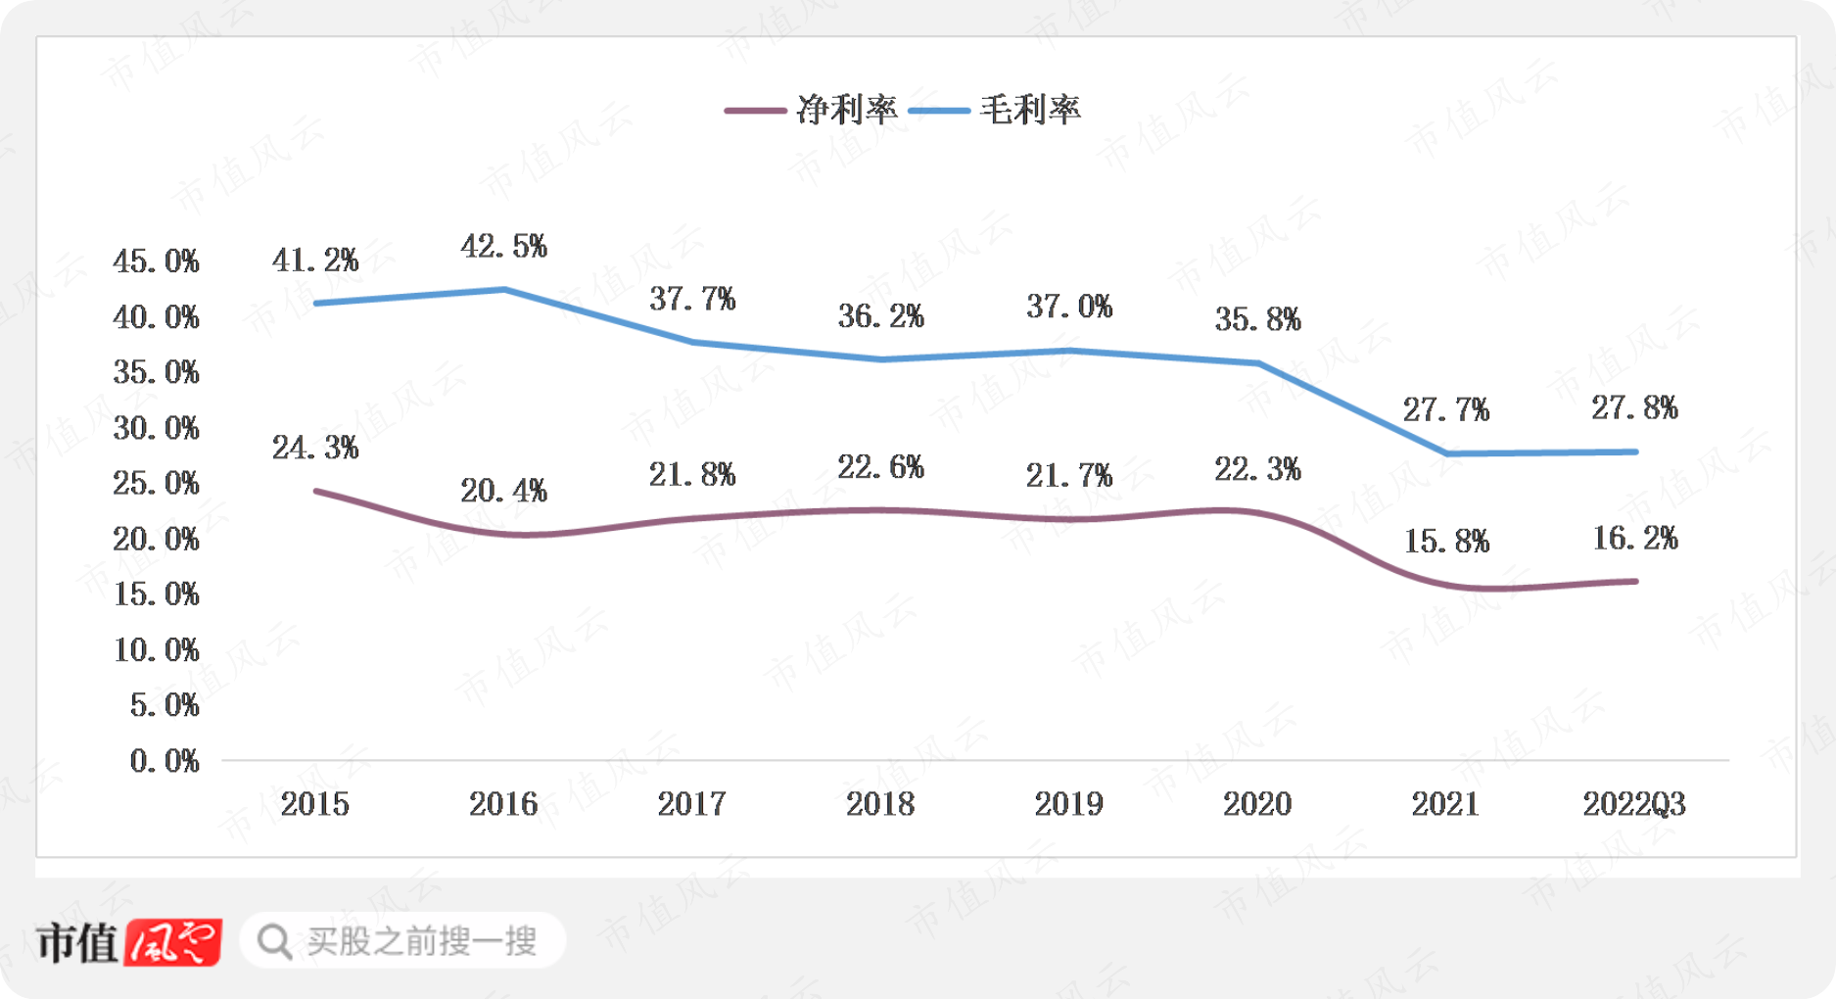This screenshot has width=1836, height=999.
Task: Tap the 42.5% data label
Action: (x=503, y=246)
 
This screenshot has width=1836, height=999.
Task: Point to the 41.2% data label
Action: (x=315, y=261)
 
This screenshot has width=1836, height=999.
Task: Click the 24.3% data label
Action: (x=315, y=448)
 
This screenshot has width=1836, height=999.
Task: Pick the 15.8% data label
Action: (x=1446, y=541)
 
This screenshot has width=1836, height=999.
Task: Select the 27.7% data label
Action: (x=1445, y=409)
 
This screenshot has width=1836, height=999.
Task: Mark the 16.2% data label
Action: (x=1634, y=538)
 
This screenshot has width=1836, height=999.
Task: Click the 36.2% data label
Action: (x=880, y=315)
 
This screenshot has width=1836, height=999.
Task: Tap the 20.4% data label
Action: (x=503, y=491)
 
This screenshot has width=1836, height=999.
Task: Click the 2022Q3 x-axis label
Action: (x=1633, y=804)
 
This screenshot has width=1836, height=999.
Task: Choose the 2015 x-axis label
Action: (x=314, y=804)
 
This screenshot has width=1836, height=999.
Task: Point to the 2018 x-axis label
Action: (x=880, y=804)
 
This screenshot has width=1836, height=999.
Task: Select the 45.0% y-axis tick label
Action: (x=156, y=262)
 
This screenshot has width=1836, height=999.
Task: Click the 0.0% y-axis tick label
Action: (x=165, y=761)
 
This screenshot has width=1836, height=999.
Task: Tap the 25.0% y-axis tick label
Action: (x=156, y=483)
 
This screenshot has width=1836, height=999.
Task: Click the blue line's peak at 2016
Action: (x=504, y=289)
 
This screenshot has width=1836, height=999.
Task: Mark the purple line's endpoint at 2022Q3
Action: (x=1635, y=582)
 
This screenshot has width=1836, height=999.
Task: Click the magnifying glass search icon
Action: (x=274, y=942)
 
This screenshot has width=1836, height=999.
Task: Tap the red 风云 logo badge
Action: (x=173, y=942)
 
